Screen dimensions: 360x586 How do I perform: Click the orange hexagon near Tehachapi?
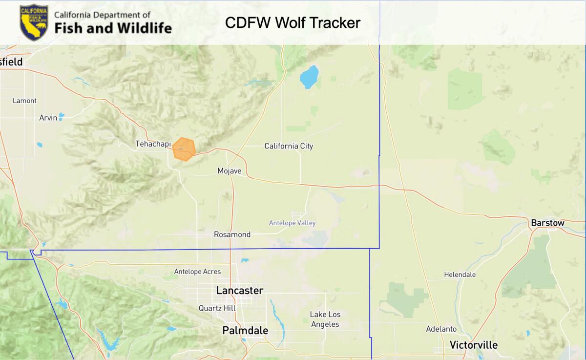pos(184,149)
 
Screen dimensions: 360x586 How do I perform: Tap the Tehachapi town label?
pos(153,144)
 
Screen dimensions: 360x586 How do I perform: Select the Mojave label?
pos(230,170)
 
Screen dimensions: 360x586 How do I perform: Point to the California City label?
pos(289,146)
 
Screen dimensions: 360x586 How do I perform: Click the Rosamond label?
pos(232,234)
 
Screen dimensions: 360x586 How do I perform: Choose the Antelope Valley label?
pos(292,223)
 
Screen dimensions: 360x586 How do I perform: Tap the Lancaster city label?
pos(240,291)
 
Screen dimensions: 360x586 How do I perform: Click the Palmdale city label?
pos(245,331)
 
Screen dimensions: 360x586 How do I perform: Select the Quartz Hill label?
pos(217,308)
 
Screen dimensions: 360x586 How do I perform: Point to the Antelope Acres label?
pos(197,272)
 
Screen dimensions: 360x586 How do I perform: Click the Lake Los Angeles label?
pos(325,319)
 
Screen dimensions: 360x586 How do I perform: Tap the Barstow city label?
pos(547,223)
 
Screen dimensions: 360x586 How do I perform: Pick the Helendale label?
pos(460,275)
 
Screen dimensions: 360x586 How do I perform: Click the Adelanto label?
pos(441,329)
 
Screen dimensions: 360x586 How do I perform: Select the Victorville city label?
pos(474,345)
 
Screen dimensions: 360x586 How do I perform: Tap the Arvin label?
pos(48,118)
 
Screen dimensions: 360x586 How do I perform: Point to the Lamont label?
pos(24,101)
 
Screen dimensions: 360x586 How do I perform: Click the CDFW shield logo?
pos(34,22)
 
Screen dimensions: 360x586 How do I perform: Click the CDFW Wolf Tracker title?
pos(293,22)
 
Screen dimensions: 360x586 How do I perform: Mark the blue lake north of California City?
pos(309,77)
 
